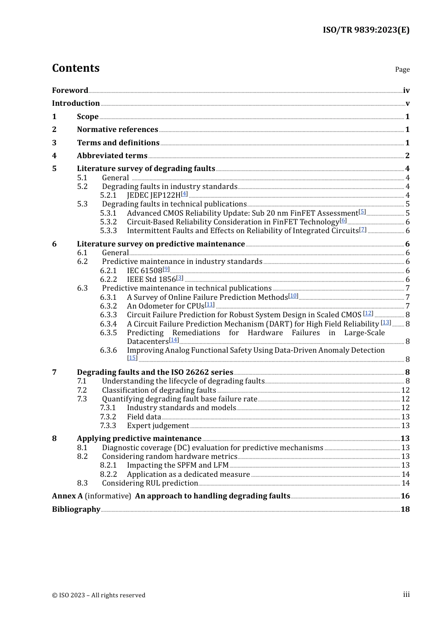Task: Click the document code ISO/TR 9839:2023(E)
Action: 366,30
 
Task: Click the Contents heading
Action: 75,68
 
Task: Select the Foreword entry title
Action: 70,90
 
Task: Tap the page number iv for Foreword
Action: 406,91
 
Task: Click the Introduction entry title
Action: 76,103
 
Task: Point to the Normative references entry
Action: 117,129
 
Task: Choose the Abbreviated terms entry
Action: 112,155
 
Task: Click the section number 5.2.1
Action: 108,195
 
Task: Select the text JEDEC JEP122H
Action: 154,195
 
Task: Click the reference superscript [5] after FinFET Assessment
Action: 362,212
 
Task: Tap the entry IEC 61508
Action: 144,270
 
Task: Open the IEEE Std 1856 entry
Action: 151,279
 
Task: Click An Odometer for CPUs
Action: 165,306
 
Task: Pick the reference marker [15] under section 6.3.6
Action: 132,358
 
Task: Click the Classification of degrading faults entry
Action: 159,390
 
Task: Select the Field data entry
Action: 144,417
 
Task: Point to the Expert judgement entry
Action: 158,425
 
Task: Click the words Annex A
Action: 67,496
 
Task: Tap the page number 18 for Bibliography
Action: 405,509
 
